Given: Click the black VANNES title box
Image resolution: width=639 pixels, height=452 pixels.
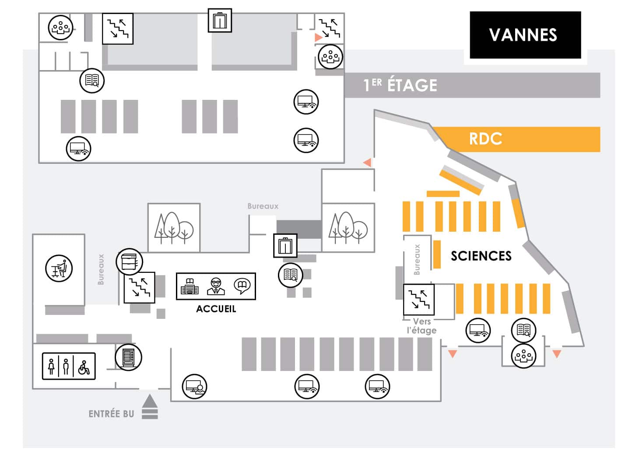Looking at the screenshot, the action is coord(525,35).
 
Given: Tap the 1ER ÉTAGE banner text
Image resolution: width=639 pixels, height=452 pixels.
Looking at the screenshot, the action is coord(400,85).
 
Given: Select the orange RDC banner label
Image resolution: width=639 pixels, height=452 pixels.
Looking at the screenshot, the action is coord(485,139).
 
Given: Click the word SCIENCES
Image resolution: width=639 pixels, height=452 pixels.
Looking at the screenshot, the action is coord(481,255).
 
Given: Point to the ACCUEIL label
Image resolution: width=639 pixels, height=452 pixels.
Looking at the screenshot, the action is coord(216,309).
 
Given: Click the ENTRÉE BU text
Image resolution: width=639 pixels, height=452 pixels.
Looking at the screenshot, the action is coord(111,414).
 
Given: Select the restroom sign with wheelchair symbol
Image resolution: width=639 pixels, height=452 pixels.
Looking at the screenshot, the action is coord(69,366).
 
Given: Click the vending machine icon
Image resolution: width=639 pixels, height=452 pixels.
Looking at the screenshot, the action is coord(128,357).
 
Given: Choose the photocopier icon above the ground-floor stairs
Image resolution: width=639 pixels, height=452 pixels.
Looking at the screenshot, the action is coord(129,261).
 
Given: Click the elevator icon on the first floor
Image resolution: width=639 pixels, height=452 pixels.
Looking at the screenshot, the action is coord(220,20).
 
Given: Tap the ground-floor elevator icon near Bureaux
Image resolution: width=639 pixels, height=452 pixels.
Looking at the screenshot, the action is coord(285,246).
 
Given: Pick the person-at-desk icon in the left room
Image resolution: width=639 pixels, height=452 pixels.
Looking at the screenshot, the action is coord(59,268).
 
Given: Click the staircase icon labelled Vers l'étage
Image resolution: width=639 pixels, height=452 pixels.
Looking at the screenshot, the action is coord(419,300).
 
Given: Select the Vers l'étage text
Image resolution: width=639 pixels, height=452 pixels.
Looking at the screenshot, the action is coord(421,326).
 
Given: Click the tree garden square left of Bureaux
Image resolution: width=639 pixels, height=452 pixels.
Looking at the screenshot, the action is coord(174,228).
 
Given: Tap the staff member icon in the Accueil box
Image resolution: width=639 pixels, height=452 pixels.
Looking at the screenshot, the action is coord(216,286).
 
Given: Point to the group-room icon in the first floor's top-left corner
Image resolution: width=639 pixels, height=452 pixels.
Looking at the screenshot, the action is coord(60,28).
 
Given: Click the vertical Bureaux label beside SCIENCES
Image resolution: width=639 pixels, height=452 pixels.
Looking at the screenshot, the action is coord(417,260).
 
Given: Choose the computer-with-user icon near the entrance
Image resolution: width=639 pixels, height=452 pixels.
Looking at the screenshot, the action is coord(195,386).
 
